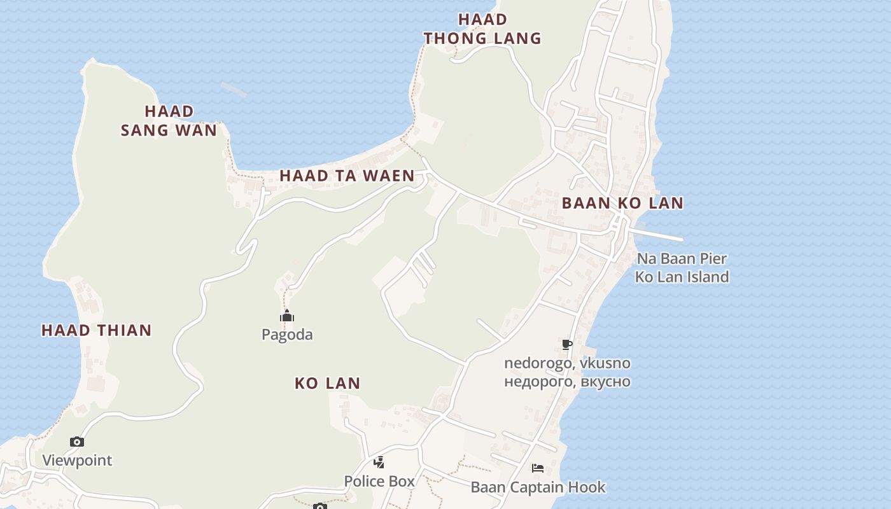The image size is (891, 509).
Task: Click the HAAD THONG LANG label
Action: [482, 29]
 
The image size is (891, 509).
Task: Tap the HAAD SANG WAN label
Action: [169, 121]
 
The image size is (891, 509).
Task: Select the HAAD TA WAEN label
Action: [347, 176]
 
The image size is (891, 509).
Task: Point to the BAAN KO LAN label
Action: [622, 204]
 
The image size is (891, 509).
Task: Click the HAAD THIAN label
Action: [97, 330]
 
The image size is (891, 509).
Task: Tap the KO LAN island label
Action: [328, 383]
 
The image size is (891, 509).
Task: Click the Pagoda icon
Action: [287, 316]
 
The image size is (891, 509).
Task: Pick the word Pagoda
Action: [287, 335]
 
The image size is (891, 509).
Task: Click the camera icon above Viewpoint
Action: [77, 442]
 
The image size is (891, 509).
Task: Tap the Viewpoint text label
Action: [77, 460]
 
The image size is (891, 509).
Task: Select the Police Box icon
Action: [379, 463]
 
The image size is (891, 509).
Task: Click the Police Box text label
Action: [379, 481]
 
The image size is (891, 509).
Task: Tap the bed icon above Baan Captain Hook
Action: [538, 469]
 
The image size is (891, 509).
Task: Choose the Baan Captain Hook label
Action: [538, 487]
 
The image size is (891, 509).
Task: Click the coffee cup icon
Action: [567, 345]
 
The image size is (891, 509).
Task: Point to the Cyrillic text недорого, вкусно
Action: [567, 382]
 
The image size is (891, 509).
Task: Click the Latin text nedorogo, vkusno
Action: [567, 363]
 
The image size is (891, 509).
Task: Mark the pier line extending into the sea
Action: [659, 235]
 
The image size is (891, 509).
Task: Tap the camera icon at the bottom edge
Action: [319, 506]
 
